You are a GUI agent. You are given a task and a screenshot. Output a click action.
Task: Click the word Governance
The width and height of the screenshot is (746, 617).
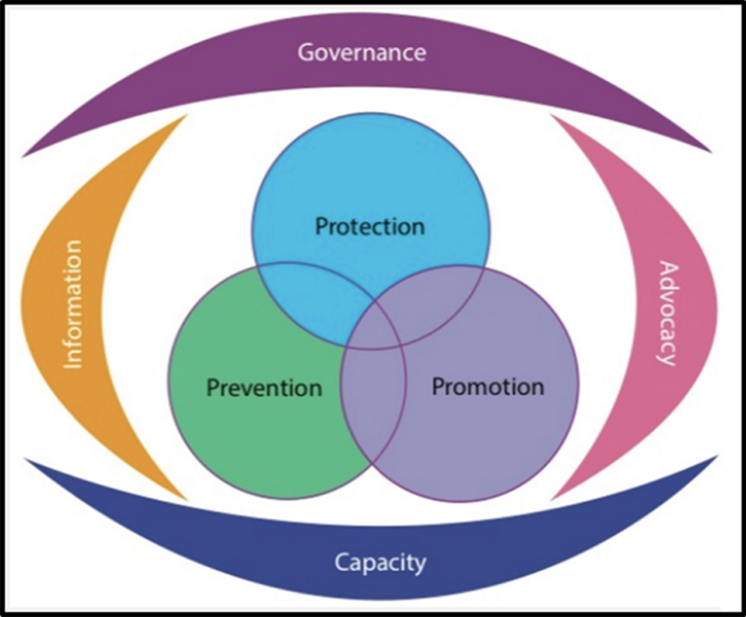click(x=362, y=52)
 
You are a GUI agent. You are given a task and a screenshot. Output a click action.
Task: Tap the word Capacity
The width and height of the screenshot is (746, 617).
click(x=380, y=563)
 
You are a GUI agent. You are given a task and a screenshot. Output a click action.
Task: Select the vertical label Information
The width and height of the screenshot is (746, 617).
click(x=73, y=304)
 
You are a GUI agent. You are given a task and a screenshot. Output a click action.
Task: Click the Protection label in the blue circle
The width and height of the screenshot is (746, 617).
click(x=370, y=226)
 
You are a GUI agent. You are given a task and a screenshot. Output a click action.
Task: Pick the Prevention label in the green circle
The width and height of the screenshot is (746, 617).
click(x=264, y=388)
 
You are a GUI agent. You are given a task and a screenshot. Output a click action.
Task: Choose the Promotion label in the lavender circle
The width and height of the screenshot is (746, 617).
click(x=488, y=386)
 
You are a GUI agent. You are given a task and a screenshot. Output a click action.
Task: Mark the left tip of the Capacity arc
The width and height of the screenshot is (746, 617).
click(x=26, y=460)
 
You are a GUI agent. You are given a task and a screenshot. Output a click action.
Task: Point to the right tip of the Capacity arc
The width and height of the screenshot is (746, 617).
click(x=716, y=457)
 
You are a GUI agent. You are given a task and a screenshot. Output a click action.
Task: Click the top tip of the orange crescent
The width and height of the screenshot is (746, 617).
click(x=185, y=116)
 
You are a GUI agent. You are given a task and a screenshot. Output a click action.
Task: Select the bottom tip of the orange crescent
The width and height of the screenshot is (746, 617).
click(x=185, y=499)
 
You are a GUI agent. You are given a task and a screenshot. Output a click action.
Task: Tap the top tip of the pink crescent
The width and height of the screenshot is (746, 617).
click(x=552, y=116)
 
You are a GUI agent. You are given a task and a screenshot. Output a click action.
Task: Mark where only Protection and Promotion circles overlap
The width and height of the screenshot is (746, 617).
click(x=441, y=299)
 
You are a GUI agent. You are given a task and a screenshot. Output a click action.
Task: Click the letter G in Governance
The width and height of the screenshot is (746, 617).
click(x=306, y=52)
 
